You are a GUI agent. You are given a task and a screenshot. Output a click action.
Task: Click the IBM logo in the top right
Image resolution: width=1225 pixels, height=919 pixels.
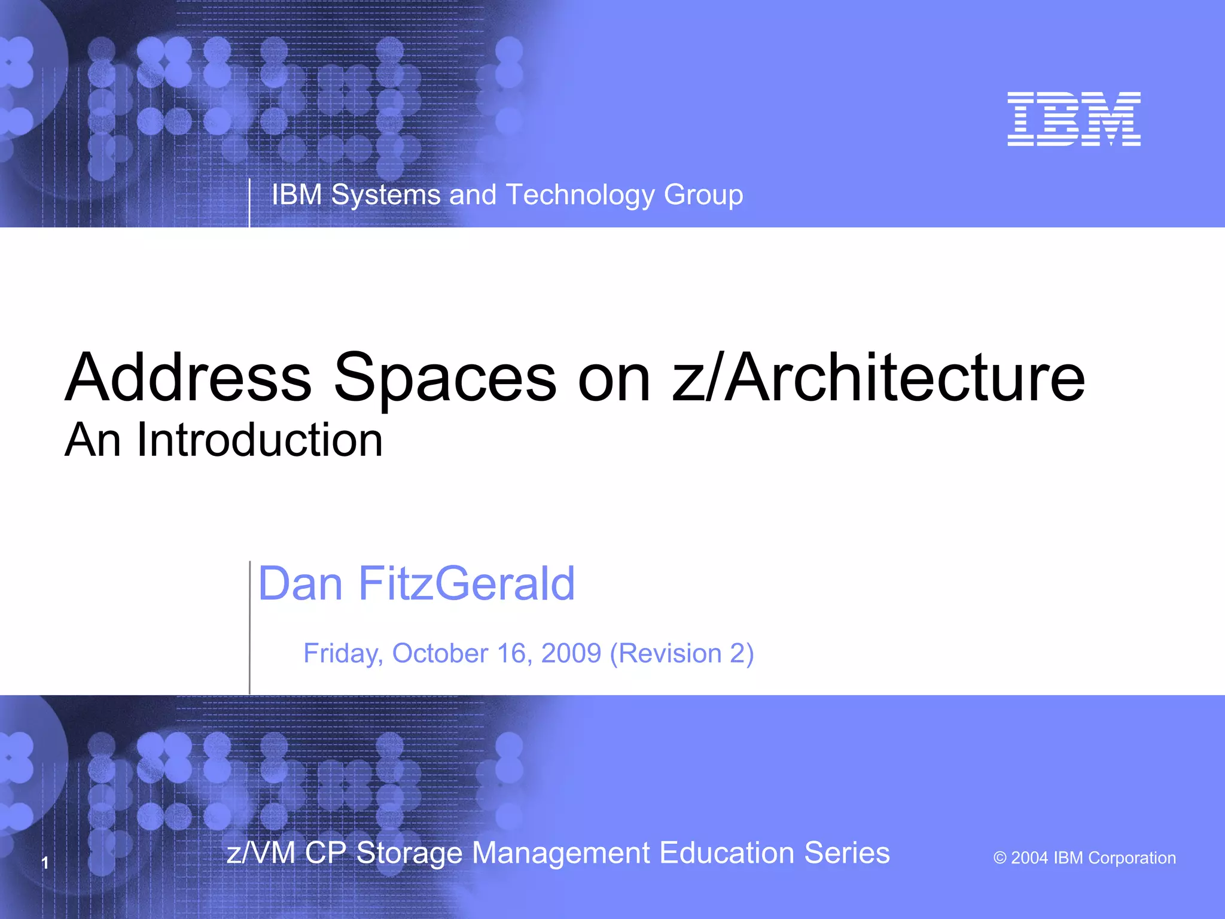pyautogui.click(x=1074, y=119)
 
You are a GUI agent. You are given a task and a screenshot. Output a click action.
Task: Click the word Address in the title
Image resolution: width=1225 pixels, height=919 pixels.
pyautogui.click(x=188, y=378)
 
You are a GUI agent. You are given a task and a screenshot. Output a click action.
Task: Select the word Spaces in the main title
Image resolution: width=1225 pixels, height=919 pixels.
pyautogui.click(x=445, y=378)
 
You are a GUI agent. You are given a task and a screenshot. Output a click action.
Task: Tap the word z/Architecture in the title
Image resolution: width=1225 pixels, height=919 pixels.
pyautogui.click(x=878, y=378)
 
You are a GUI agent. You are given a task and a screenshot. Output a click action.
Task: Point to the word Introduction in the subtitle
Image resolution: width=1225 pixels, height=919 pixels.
pyautogui.click(x=260, y=440)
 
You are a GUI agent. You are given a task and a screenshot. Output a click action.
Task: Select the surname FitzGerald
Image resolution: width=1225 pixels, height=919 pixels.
pyautogui.click(x=467, y=583)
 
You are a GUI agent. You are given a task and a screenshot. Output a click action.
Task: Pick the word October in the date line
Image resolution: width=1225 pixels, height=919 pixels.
pyautogui.click(x=440, y=653)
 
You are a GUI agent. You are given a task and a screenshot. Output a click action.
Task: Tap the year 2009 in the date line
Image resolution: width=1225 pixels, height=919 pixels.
pyautogui.click(x=571, y=653)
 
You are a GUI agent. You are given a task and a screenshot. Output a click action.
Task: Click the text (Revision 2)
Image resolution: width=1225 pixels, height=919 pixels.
pyautogui.click(x=682, y=653)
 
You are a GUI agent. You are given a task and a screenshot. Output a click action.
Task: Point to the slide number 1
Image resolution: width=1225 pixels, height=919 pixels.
pyautogui.click(x=45, y=863)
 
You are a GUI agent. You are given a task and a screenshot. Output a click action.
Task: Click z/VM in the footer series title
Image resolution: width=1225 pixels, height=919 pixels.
pyautogui.click(x=261, y=853)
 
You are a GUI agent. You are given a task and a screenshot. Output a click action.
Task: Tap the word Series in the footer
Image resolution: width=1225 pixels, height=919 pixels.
pyautogui.click(x=846, y=853)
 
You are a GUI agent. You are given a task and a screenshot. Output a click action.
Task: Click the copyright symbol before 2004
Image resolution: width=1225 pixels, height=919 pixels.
pyautogui.click(x=999, y=858)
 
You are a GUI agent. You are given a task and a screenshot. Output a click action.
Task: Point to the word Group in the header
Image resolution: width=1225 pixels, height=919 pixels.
pyautogui.click(x=703, y=195)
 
